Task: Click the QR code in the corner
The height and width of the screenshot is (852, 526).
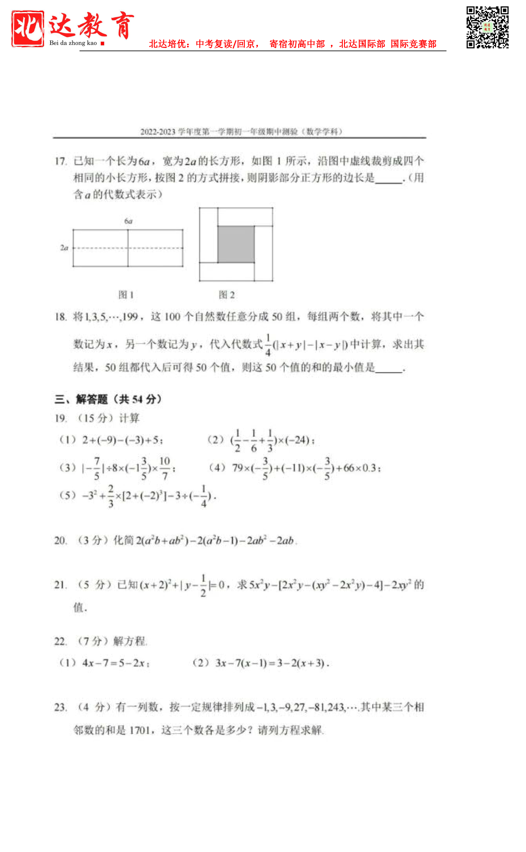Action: pyautogui.click(x=487, y=27)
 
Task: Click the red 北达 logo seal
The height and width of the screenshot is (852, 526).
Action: pyautogui.click(x=28, y=28)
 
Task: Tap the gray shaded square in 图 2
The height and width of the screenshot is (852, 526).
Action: pyautogui.click(x=236, y=244)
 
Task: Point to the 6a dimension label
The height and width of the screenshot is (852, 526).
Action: pyautogui.click(x=128, y=221)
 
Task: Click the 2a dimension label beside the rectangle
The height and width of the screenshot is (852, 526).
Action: pyautogui.click(x=64, y=247)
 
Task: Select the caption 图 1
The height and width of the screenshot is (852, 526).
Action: pyautogui.click(x=126, y=294)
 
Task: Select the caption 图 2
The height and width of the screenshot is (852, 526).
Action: pyautogui.click(x=227, y=294)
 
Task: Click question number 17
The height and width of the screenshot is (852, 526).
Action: pyautogui.click(x=61, y=161)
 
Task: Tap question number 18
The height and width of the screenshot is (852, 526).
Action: pyautogui.click(x=61, y=317)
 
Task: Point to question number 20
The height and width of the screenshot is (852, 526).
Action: pyautogui.click(x=60, y=541)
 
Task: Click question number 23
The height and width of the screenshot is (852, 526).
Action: pyautogui.click(x=60, y=707)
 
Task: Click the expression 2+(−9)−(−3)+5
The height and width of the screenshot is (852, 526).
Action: pyautogui.click(x=123, y=440)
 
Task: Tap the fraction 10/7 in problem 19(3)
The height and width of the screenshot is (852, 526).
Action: pyautogui.click(x=165, y=468)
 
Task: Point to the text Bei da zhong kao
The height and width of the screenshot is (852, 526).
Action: pyautogui.click(x=73, y=43)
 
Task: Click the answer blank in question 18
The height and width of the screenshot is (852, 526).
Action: pyautogui.click(x=389, y=368)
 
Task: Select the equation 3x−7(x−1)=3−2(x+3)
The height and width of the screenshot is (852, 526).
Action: pyautogui.click(x=272, y=663)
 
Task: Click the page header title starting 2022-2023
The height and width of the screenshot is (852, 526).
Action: pyautogui.click(x=241, y=132)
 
